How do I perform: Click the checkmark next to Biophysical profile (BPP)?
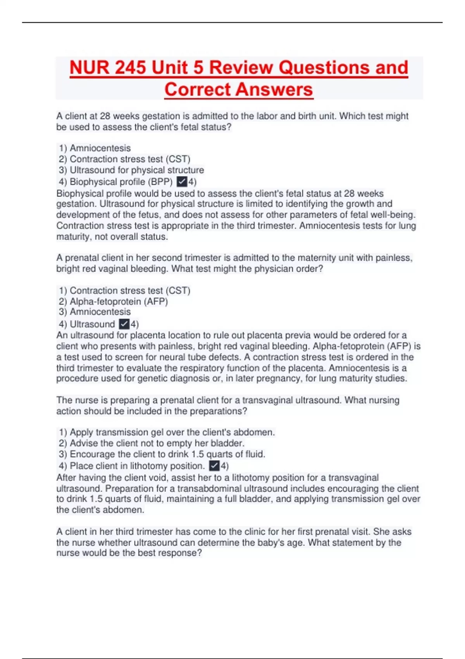pyautogui.click(x=181, y=181)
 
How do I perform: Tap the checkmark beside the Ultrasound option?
pyautogui.click(x=124, y=324)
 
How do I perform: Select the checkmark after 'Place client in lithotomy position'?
pyautogui.click(x=214, y=466)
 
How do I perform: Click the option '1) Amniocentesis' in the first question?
pyautogui.click(x=95, y=148)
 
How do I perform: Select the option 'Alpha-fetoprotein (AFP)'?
pyautogui.click(x=114, y=301)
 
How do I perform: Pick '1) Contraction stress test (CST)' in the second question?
pyautogui.click(x=125, y=290)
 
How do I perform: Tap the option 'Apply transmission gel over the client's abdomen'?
pyautogui.click(x=167, y=432)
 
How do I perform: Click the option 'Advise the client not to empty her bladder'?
pyautogui.click(x=152, y=443)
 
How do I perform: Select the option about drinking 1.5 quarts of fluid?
pyautogui.click(x=162, y=454)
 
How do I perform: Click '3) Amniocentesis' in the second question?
pyautogui.click(x=95, y=312)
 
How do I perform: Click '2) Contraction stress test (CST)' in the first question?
pyautogui.click(x=125, y=159)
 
